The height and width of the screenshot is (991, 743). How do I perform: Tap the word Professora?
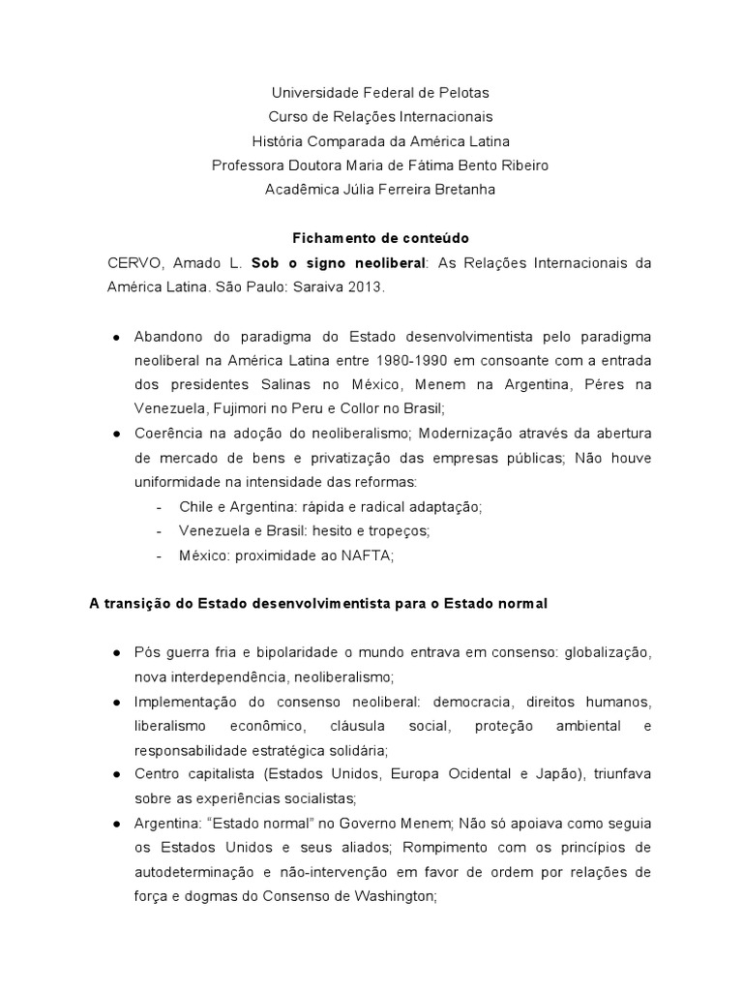point(247,165)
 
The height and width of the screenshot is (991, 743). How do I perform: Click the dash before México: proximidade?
point(158,555)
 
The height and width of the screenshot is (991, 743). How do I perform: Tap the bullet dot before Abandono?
point(116,336)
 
